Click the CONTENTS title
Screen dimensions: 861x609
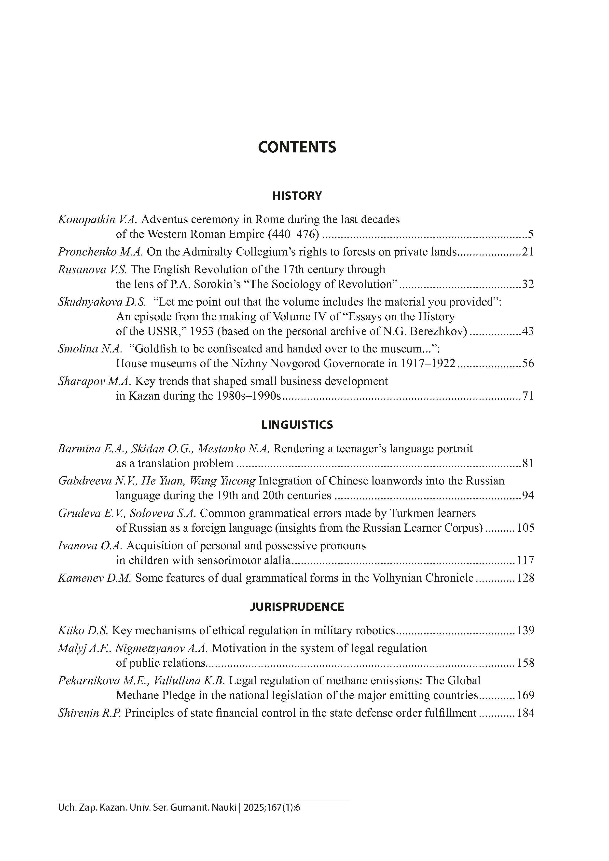point(297,147)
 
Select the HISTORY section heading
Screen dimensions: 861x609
point(297,196)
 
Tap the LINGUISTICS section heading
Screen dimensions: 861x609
point(297,425)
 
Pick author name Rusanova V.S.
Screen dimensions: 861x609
point(92,270)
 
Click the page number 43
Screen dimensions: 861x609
point(527,332)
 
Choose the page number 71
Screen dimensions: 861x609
point(527,396)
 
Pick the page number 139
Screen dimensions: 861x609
point(525,631)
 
